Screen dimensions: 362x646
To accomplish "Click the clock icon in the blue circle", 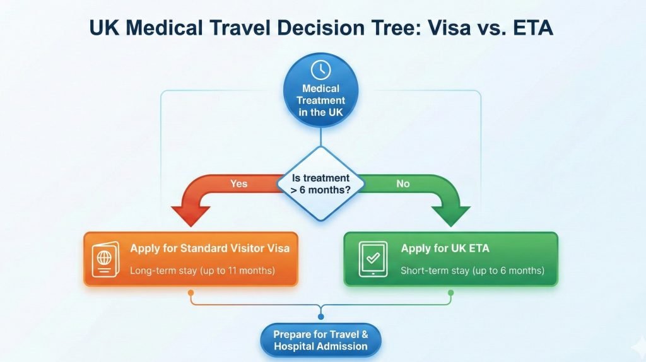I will click(321, 69).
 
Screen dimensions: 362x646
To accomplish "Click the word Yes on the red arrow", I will click(239, 184).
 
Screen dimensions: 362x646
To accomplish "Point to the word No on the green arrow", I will click(402, 184).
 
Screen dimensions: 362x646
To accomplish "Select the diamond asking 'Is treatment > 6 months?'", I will click(321, 184).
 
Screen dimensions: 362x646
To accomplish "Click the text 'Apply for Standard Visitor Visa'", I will click(209, 248).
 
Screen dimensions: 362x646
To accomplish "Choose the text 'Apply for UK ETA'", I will click(445, 248).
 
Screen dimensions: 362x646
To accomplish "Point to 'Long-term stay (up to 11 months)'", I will click(202, 271).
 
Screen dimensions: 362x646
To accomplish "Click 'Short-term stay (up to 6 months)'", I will click(472, 271).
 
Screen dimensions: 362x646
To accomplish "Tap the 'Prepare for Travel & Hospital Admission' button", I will click(320, 341).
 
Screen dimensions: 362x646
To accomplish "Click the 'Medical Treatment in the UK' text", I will click(321, 100).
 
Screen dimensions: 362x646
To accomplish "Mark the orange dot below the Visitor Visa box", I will click(191, 293).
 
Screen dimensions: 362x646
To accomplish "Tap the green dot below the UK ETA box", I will click(450, 293).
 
